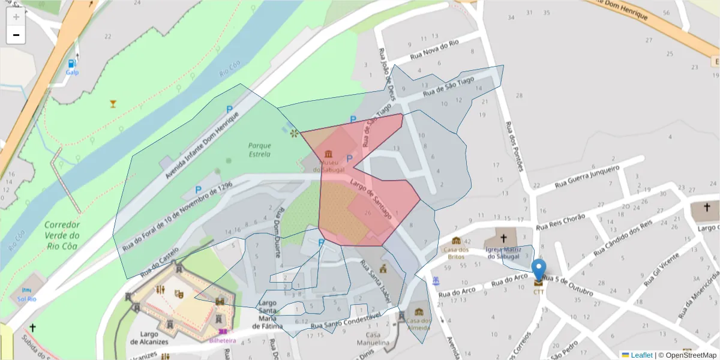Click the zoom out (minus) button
click(16, 35)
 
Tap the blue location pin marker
click(539, 271)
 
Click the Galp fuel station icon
click(72, 63)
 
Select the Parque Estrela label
click(259, 150)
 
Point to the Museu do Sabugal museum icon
click(328, 154)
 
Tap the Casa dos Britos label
click(455, 253)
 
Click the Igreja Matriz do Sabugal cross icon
click(503, 238)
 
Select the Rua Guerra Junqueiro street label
click(587, 175)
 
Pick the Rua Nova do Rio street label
click(434, 50)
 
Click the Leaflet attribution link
click(641, 355)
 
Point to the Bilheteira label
click(222, 340)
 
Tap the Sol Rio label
click(27, 299)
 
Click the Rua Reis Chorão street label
click(560, 221)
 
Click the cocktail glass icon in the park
click(113, 104)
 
